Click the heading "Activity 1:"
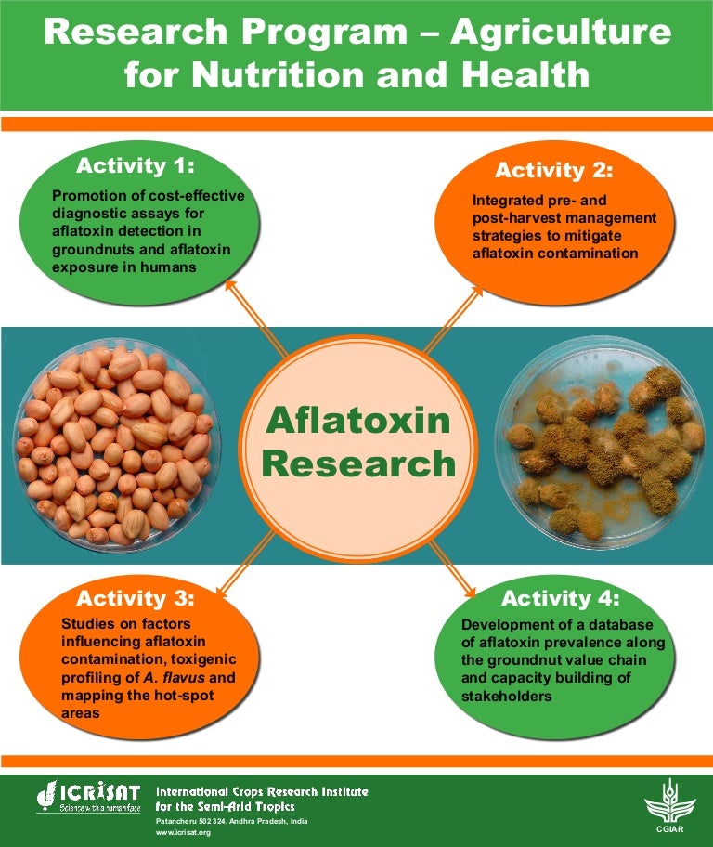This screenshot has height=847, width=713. (136, 166)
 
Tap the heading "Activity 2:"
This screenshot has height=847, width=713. (554, 170)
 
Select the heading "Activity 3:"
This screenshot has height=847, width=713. (136, 597)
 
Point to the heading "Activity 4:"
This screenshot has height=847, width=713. (560, 597)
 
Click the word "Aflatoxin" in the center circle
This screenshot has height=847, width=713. (357, 422)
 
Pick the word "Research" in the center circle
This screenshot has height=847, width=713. (357, 463)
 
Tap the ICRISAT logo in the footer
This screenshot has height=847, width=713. (88, 797)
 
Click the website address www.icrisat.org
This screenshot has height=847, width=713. (183, 833)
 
